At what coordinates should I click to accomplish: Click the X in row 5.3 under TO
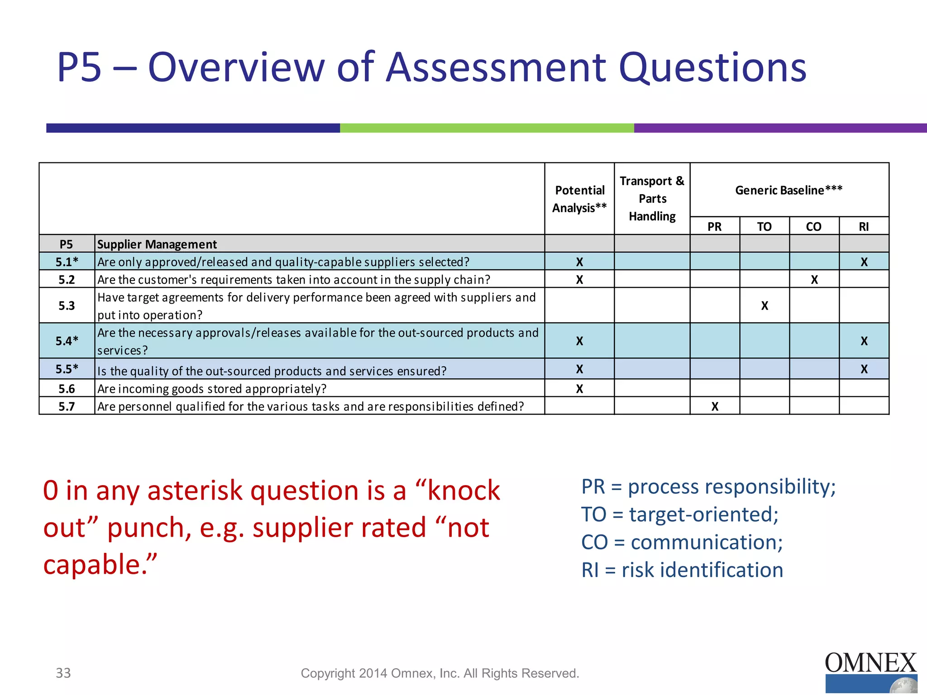click(765, 306)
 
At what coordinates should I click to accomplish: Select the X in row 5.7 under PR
click(715, 406)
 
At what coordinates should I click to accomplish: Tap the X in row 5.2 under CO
click(814, 280)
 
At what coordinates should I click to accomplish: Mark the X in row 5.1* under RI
click(864, 262)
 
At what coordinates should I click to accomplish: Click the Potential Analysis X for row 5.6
click(579, 389)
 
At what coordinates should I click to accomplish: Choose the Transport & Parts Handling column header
click(652, 199)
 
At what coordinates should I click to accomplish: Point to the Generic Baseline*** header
click(788, 190)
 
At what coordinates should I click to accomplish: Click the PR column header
click(714, 226)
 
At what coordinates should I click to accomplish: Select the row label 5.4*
click(67, 341)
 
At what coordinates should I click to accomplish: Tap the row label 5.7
click(67, 406)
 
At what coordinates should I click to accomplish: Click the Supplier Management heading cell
click(157, 244)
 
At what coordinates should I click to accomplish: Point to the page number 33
click(63, 673)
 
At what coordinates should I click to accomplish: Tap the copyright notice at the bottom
click(440, 673)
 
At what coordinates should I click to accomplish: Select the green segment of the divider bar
click(487, 128)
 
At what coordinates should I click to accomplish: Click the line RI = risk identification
click(682, 570)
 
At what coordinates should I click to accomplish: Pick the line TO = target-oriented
click(679, 514)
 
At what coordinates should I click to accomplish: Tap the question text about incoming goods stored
click(212, 389)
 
